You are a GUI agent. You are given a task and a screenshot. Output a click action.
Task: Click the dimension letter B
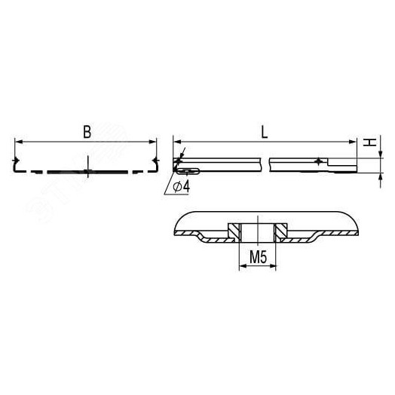[x=87, y=131]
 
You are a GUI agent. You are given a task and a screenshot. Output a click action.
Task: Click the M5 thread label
[x=259, y=258]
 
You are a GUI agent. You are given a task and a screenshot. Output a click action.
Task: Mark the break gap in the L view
[x=268, y=163]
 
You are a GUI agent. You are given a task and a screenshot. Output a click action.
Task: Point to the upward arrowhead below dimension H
[x=378, y=173]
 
